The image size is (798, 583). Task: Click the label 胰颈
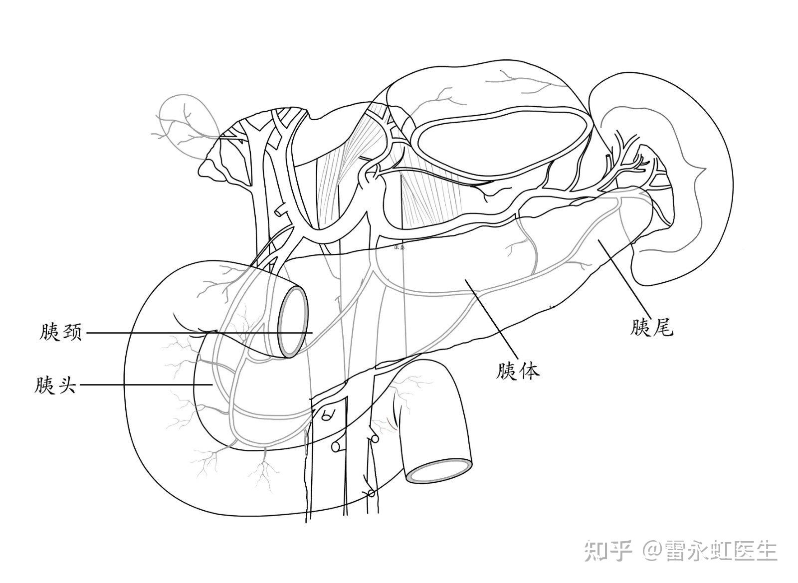pos(60,332)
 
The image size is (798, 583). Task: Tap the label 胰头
pos(55,385)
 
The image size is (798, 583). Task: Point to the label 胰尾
pos(651,328)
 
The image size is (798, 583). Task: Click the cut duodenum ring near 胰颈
pos(293,322)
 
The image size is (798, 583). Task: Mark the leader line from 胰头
pos(145,385)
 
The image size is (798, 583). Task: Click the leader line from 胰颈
pos(199,332)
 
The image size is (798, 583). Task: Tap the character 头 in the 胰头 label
pos(66,385)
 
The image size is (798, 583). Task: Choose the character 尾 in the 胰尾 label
pos(663,328)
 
